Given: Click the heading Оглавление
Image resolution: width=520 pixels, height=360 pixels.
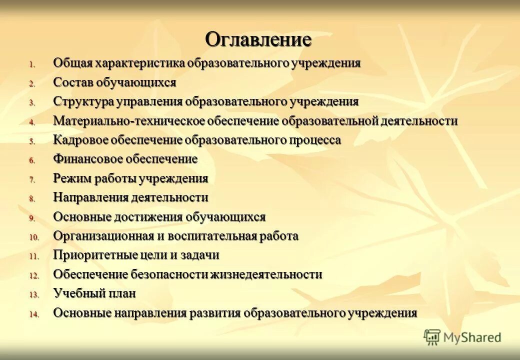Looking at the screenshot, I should pos(258,39).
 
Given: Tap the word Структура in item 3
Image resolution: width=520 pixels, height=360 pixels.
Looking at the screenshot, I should pos(83,101).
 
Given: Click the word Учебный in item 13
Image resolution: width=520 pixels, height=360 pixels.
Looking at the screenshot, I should pos(77,293).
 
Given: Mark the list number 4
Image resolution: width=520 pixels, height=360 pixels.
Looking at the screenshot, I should pos(31,122).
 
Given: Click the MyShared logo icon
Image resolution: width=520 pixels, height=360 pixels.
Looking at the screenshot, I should pos(432,337).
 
